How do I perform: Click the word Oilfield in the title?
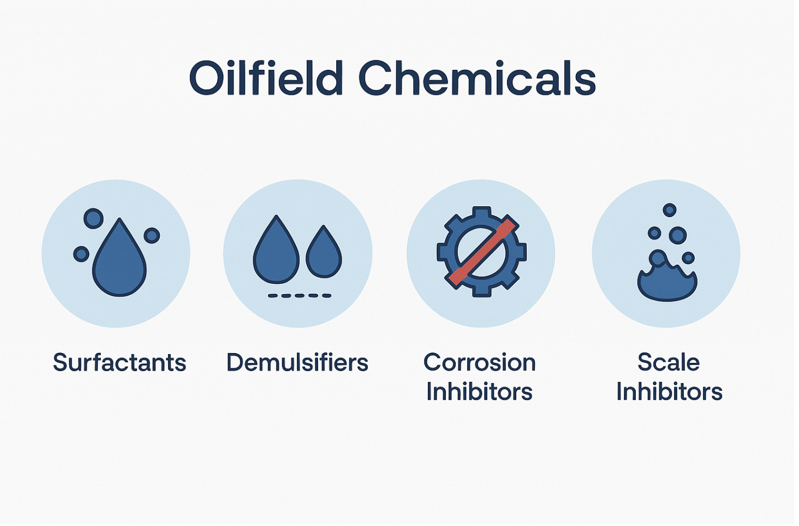coord(266,77)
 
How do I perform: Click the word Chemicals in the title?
coord(477,77)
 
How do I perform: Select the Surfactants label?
coord(120,363)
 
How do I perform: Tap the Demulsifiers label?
coord(297,363)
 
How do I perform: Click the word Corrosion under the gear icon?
coord(480,363)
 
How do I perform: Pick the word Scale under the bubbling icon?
coord(669,363)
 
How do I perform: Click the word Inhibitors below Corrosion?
coord(480,392)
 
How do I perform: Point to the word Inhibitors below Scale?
coord(670,392)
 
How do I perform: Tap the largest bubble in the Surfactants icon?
coord(93,218)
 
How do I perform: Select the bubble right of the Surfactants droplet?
coord(152,235)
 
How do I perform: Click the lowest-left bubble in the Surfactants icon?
coord(81,254)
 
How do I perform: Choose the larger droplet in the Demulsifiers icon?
coord(276,252)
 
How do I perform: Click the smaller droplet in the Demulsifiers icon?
coord(324,254)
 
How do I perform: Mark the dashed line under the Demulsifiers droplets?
coord(300,296)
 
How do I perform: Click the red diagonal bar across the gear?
coord(482,252)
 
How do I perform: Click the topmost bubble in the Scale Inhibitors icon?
coord(670,210)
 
